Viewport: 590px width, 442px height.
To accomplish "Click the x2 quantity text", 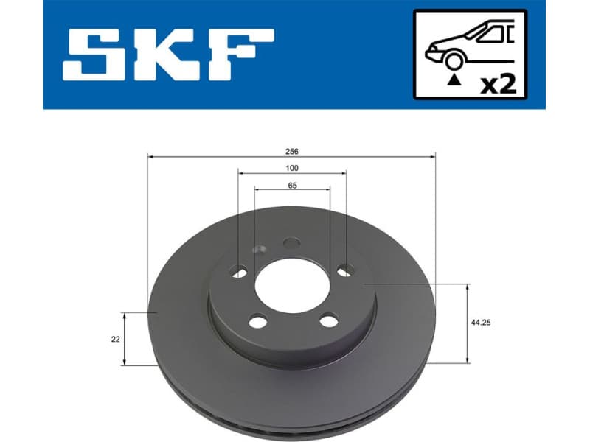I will [x=498, y=84].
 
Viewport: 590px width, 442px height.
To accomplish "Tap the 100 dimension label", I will [x=293, y=168].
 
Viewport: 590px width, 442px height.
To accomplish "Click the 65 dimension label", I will [x=293, y=186].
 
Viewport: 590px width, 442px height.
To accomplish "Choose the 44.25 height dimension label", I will [x=481, y=323].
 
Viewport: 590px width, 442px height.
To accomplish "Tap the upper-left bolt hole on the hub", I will [x=239, y=273].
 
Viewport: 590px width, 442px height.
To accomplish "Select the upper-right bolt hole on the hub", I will [x=344, y=272].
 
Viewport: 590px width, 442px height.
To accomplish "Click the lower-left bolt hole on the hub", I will [x=257, y=321].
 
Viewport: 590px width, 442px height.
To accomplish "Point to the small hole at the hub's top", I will [x=292, y=242].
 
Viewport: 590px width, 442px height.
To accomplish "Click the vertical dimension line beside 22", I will [x=125, y=338].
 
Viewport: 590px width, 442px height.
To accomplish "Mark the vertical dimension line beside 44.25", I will [x=468, y=323].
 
